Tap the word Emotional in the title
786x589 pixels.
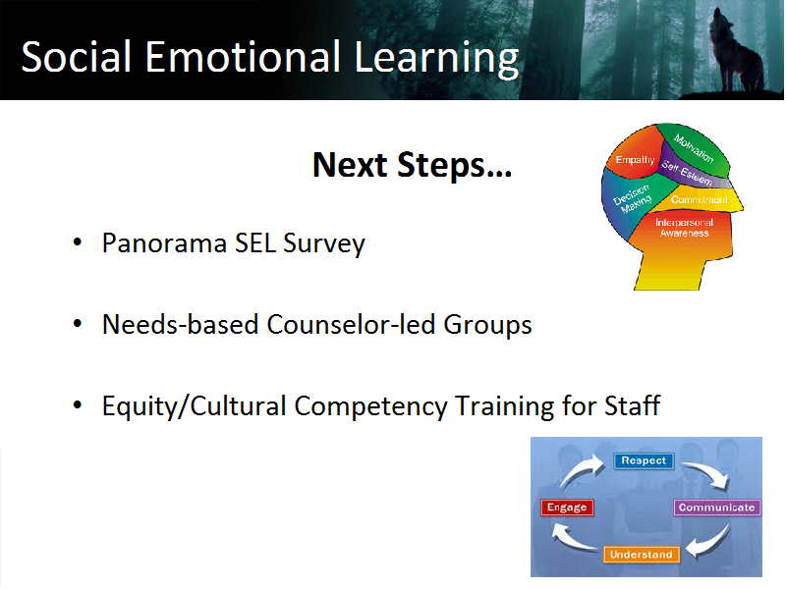[243, 57]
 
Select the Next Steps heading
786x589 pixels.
[412, 165]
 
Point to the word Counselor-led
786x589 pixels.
[351, 324]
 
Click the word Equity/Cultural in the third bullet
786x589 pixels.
[195, 406]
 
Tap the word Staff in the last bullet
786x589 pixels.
[632, 404]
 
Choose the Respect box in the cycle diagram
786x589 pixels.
[644, 460]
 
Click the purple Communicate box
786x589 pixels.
[717, 508]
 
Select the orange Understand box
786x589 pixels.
[642, 555]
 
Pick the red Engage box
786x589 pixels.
[567, 508]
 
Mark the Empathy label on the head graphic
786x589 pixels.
[635, 160]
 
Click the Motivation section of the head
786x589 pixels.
[695, 148]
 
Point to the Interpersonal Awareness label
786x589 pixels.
[684, 228]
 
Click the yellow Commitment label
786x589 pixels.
[700, 200]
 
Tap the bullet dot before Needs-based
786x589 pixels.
[78, 324]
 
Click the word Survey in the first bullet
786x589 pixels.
[324, 244]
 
